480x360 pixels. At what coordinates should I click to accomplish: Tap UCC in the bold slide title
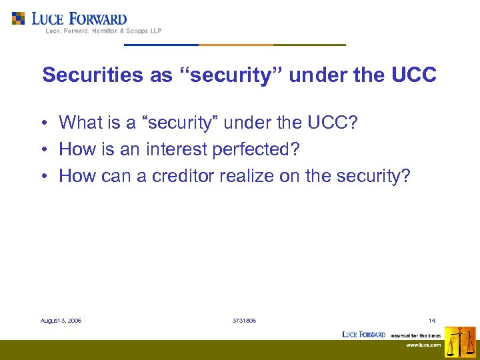click(x=414, y=75)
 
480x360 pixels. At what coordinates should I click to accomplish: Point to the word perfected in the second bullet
click(x=256, y=149)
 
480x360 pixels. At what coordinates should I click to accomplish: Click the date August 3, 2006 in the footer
click(x=61, y=321)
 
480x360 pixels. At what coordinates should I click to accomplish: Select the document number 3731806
click(x=244, y=321)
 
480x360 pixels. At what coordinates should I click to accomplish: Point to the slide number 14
click(x=432, y=321)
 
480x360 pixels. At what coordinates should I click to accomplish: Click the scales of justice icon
click(x=460, y=342)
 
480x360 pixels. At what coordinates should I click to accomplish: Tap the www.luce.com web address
click(x=424, y=345)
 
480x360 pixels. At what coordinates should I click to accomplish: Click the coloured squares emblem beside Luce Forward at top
click(x=19, y=18)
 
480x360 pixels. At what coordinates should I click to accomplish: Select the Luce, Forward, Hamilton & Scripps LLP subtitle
click(x=103, y=31)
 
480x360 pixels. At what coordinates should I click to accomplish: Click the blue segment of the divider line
click(x=161, y=45)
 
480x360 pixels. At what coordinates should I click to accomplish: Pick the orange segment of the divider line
click(x=235, y=45)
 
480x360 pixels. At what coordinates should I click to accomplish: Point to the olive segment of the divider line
click(x=309, y=45)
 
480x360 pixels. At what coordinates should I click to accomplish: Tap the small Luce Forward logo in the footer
click(x=363, y=334)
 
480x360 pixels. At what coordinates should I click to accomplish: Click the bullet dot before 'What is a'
click(x=42, y=123)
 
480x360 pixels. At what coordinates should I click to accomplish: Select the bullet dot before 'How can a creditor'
click(x=42, y=176)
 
